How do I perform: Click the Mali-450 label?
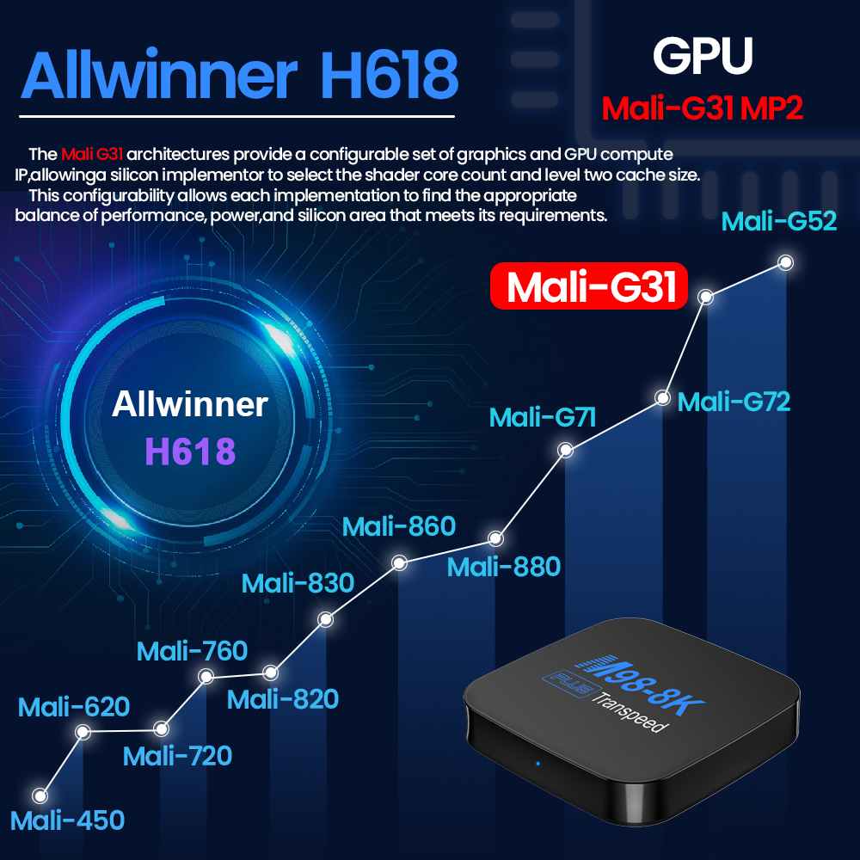(67, 820)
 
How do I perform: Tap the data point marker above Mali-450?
(40, 795)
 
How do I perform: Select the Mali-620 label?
(73, 706)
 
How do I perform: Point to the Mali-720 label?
(177, 756)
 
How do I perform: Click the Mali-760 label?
(192, 651)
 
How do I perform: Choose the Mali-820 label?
(282, 699)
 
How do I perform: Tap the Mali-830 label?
(298, 583)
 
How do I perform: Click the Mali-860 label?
(399, 526)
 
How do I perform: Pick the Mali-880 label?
(503, 567)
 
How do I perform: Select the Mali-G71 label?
(542, 417)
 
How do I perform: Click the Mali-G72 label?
(734, 402)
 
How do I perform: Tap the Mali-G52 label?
(779, 221)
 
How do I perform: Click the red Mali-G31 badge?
(588, 286)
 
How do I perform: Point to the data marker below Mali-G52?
(785, 262)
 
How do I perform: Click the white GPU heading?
(703, 55)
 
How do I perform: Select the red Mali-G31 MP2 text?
(702, 107)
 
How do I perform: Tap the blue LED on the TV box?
(537, 764)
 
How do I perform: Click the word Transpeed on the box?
(630, 714)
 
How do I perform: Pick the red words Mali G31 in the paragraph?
(92, 154)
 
